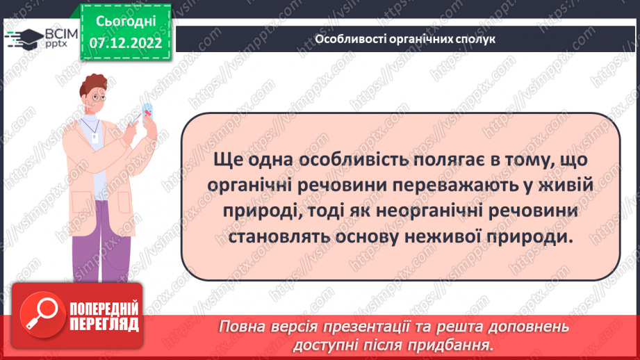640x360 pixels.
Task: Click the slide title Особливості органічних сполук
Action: (x=406, y=39)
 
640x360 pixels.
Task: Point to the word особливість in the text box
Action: (x=336, y=161)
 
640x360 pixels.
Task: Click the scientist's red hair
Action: (x=93, y=83)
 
